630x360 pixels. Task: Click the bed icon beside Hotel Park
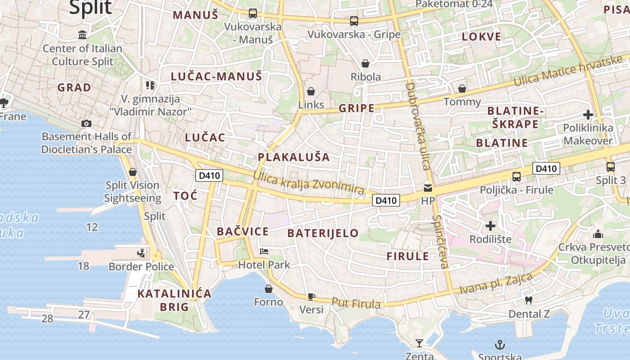[x=264, y=252]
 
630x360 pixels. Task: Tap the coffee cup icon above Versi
[x=311, y=296]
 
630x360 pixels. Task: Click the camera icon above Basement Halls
[x=86, y=123]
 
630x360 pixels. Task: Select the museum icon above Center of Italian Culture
[x=82, y=35]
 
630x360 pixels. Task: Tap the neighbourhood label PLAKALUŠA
[x=294, y=157]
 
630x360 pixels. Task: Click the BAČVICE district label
[x=243, y=232]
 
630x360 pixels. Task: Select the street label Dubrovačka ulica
[x=418, y=126]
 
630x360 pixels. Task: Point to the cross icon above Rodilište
[x=490, y=225]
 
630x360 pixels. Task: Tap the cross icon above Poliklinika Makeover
[x=588, y=115]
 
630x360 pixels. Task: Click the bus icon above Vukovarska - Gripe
[x=354, y=21]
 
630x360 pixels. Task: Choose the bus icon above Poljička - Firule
[x=517, y=176]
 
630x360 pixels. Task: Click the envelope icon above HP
[x=427, y=188]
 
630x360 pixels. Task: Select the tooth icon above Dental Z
[x=529, y=300]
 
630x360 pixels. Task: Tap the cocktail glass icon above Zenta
[x=419, y=343]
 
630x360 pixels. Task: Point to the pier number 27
[x=84, y=315]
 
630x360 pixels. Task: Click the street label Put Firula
[x=355, y=303]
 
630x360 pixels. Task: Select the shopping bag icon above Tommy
[x=462, y=89]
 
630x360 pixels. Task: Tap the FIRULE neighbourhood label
[x=408, y=256]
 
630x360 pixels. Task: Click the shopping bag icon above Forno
[x=269, y=289]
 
